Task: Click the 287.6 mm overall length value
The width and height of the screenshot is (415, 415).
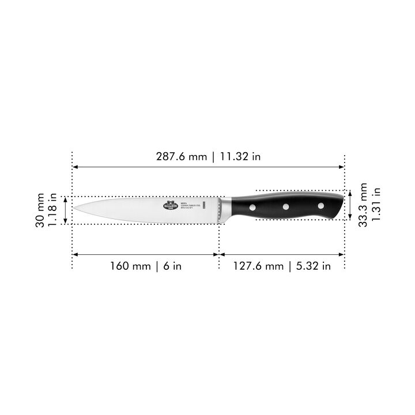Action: (x=180, y=157)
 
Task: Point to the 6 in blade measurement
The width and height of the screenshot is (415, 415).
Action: (x=173, y=266)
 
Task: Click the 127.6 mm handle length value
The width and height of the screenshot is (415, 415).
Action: (x=258, y=266)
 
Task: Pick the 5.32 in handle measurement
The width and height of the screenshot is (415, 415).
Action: (x=310, y=266)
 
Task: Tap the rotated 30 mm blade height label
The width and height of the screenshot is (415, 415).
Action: (x=40, y=211)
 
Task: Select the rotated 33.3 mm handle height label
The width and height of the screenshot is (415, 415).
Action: (x=363, y=205)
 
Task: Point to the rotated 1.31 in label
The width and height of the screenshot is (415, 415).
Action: (x=376, y=205)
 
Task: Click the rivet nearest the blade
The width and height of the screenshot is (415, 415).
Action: (x=253, y=206)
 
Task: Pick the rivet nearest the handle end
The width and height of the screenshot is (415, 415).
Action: (x=320, y=205)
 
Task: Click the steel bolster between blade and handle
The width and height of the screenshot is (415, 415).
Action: (x=227, y=209)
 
